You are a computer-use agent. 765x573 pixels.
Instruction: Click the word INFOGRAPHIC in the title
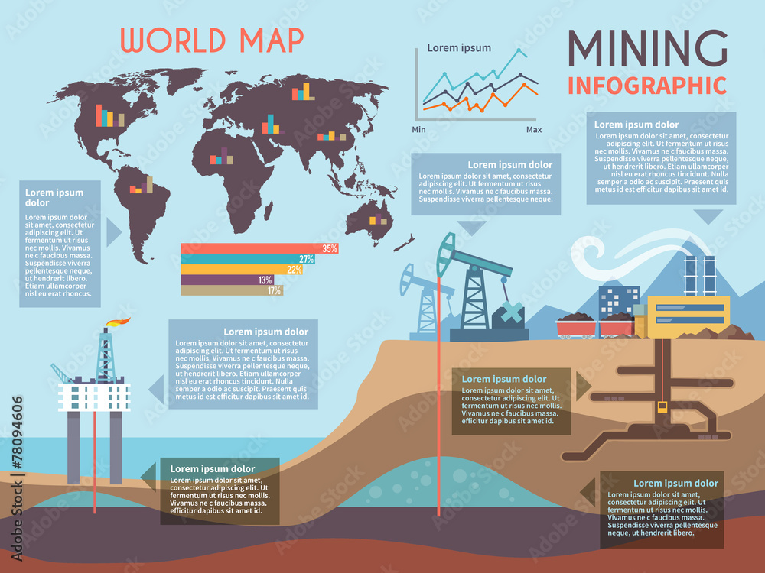pos(646,85)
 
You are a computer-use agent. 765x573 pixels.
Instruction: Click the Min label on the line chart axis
pos(418,130)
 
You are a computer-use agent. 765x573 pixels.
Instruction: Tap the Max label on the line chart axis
pos(533,130)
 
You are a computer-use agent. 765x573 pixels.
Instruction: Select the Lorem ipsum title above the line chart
pos(459,48)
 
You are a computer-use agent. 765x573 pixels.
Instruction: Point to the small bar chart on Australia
pos(378,220)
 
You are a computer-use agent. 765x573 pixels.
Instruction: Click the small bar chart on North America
pos(109,116)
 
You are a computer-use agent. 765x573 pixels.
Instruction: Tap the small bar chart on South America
pos(142,186)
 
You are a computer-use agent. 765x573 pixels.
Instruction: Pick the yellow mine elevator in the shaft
pos(663,409)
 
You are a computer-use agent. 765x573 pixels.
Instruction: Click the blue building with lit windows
pos(619,301)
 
